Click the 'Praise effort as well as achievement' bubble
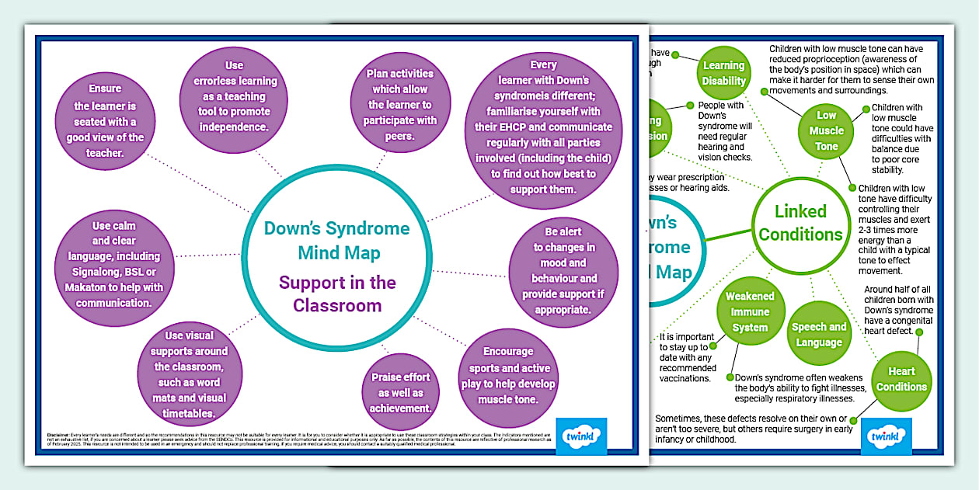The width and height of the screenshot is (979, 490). point(400,393)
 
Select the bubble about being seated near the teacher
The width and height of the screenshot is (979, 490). point(109,121)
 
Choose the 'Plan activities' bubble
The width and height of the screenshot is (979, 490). point(400,104)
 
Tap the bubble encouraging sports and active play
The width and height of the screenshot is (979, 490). point(509,375)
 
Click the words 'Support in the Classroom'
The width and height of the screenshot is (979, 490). point(337,294)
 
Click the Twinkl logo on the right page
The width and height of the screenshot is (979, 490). point(883,438)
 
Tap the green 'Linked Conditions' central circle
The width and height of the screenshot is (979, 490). point(800,223)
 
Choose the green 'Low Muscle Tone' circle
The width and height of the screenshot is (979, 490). point(826,131)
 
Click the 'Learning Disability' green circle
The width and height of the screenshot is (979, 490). point(723,74)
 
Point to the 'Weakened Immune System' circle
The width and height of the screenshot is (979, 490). point(750,312)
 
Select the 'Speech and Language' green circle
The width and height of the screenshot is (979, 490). point(818,335)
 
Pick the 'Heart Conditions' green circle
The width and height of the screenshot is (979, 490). point(901,379)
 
